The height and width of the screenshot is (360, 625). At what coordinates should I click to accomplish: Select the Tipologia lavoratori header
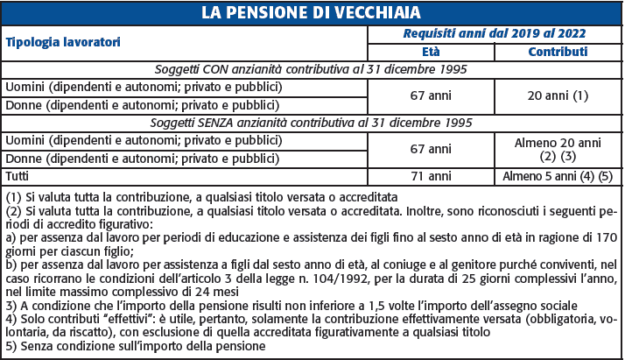62,42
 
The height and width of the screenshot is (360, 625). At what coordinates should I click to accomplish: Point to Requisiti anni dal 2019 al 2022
494,33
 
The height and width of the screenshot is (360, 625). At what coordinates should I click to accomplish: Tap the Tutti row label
18,176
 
